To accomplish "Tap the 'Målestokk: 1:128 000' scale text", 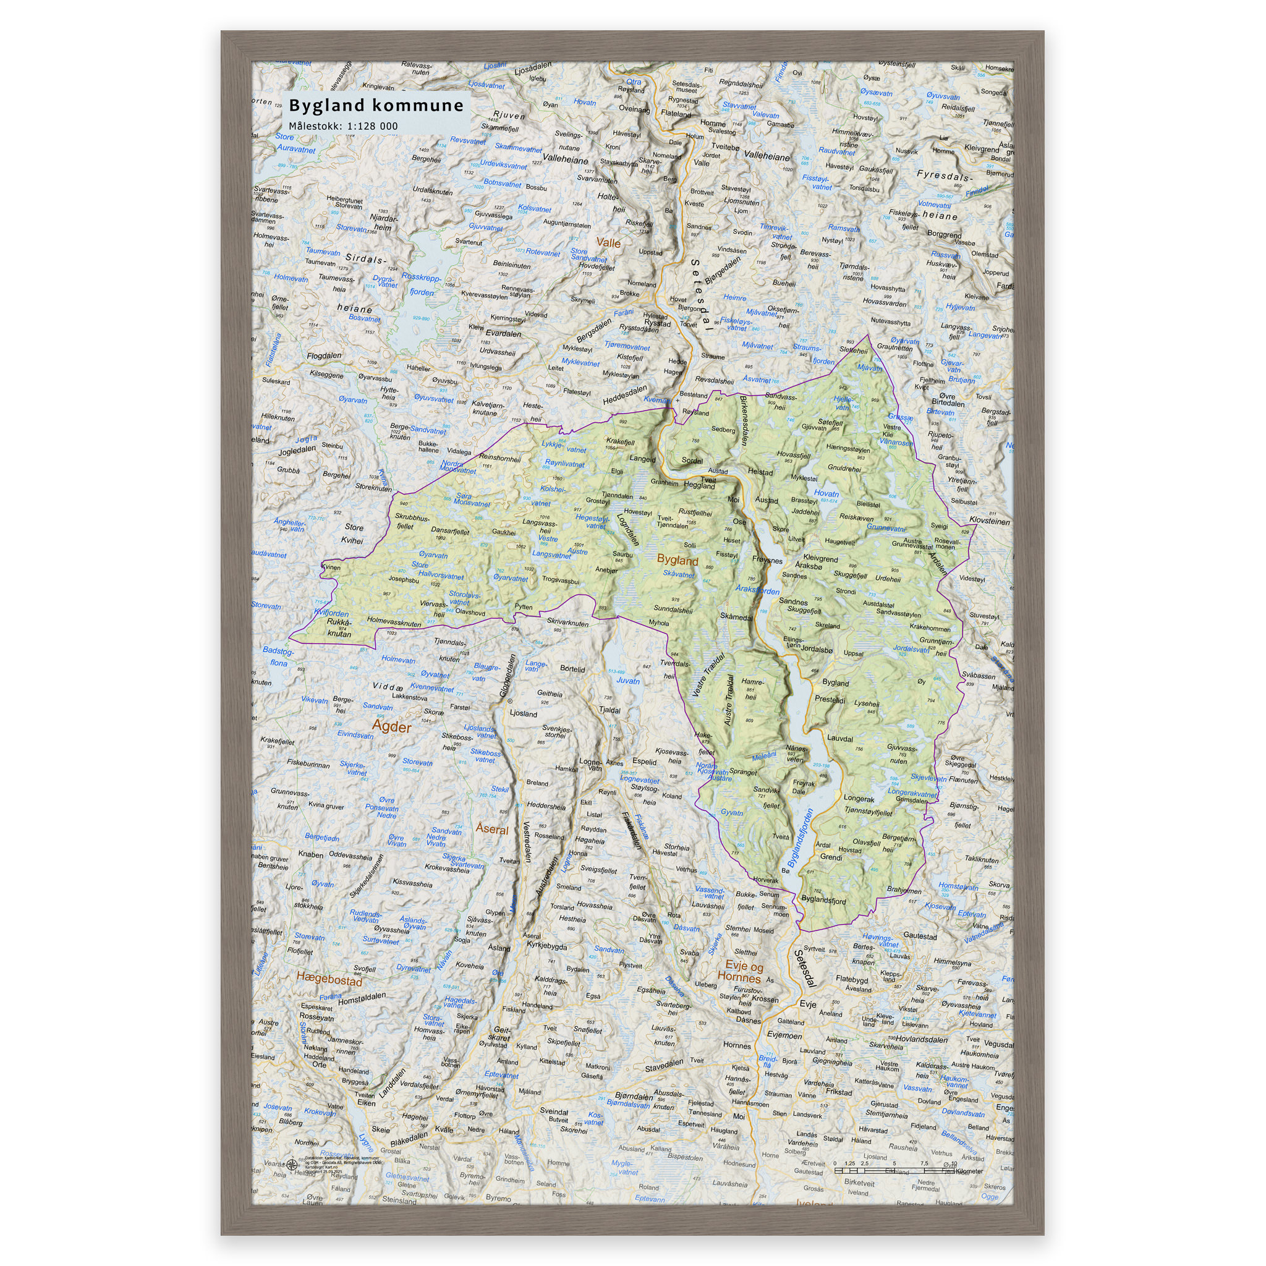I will (x=342, y=126).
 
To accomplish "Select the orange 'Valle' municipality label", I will (x=608, y=242).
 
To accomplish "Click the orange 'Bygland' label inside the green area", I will (x=678, y=560).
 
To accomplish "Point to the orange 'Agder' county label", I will (x=392, y=727).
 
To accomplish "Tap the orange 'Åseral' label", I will (x=492, y=829).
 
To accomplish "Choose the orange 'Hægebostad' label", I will (x=329, y=978).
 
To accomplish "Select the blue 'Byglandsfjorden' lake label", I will (x=800, y=838).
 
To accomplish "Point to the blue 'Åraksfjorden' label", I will (x=757, y=590).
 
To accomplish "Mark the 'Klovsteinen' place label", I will (x=990, y=522).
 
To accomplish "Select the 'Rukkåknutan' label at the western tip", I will (x=339, y=628).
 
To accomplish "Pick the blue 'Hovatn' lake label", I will (x=826, y=493).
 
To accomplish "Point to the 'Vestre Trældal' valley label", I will (x=709, y=674).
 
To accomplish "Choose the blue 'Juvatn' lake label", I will (x=628, y=681).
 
